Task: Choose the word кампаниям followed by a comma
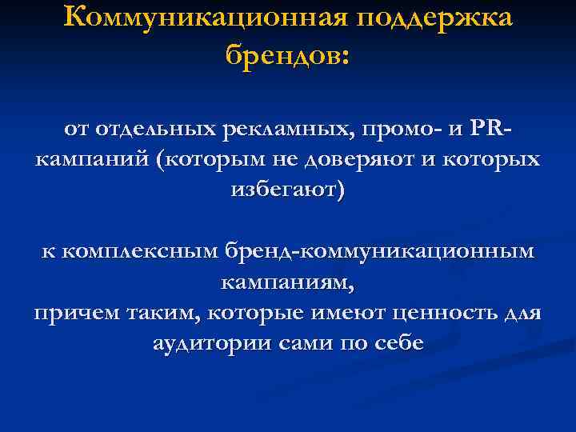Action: click(x=286, y=282)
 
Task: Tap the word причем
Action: click(x=75, y=313)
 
